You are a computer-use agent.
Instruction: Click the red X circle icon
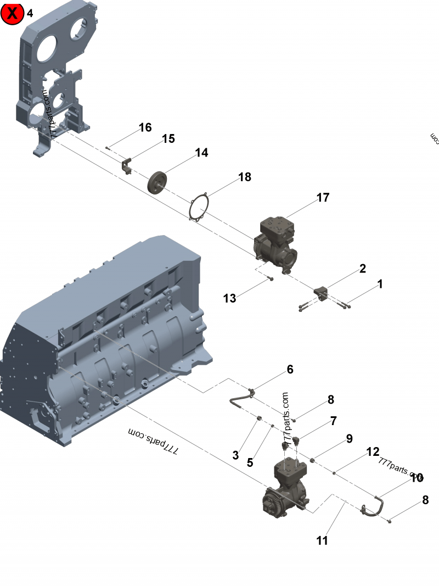point(12,13)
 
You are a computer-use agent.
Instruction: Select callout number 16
point(145,127)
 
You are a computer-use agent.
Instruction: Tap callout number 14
point(202,152)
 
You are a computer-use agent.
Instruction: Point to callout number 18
point(244,177)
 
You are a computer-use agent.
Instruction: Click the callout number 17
point(323,197)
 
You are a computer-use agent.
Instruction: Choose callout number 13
point(229,298)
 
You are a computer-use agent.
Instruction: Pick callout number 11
point(322,540)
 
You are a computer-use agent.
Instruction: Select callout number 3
point(235,455)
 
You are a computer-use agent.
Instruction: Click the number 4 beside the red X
point(30,13)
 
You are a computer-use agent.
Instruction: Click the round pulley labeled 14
point(157,182)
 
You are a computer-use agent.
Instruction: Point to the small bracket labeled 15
point(127,165)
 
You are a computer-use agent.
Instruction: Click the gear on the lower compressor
point(273,501)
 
